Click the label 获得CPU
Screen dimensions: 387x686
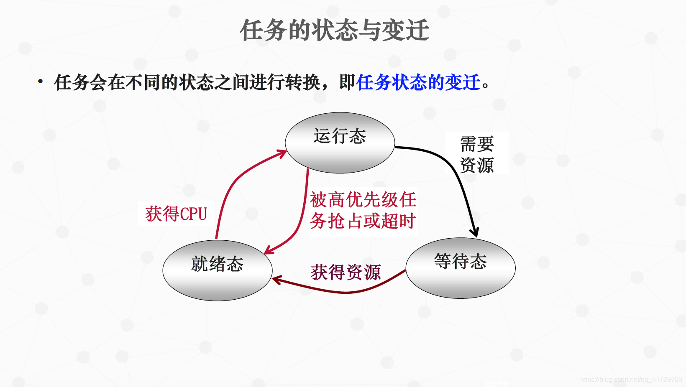point(176,214)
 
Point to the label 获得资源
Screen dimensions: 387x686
point(346,272)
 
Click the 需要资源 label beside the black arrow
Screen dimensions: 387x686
point(477,154)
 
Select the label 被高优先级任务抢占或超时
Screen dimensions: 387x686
point(363,210)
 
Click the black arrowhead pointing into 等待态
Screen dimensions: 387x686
point(474,232)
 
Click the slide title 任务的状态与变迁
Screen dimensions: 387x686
point(335,30)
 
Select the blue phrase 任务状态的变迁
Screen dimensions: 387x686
point(418,82)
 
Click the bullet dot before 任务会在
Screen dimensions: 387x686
point(40,81)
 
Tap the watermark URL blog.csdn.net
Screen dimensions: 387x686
point(631,379)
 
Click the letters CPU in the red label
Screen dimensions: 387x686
point(194,214)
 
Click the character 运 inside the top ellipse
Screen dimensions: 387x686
point(322,136)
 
